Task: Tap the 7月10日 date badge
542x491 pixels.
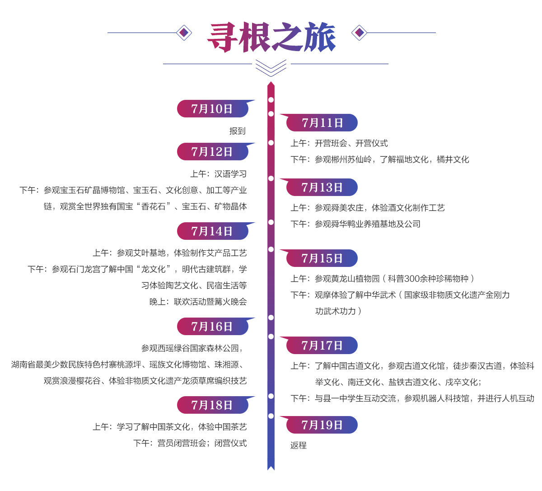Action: (212, 109)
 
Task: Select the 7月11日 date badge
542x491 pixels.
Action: (322, 123)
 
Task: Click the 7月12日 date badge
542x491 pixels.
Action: (212, 152)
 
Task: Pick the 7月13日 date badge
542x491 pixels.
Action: (322, 187)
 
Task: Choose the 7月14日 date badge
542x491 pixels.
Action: (212, 231)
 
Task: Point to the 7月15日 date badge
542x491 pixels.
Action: (322, 258)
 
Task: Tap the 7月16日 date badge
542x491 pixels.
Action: (212, 327)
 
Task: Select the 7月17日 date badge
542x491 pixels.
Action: (322, 346)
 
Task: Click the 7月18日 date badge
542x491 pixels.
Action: (212, 405)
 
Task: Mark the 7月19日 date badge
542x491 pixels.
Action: (322, 425)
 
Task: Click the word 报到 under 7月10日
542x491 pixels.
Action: (238, 131)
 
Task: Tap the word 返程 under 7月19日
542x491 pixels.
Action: (299, 445)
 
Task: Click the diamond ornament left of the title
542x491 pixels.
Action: (184, 33)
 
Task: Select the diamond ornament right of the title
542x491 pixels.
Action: (359, 33)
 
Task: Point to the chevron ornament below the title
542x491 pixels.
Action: (271, 68)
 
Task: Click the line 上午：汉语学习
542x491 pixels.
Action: (219, 174)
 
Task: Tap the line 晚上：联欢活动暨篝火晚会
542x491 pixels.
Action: (198, 302)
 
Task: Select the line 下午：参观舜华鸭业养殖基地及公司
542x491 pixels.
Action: (355, 224)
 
